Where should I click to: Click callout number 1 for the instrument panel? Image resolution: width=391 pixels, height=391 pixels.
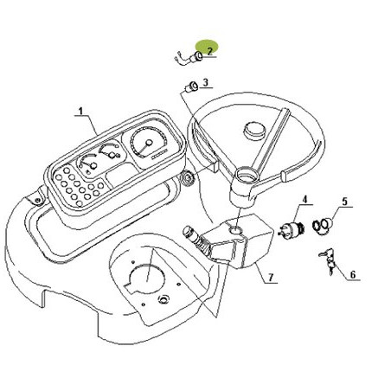click(x=80, y=112)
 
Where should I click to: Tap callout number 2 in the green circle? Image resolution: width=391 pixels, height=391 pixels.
click(x=209, y=51)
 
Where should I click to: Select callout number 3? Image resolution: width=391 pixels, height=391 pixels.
click(x=205, y=83)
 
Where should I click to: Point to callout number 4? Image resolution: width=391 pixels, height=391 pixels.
click(x=304, y=199)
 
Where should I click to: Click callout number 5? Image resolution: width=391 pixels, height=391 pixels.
click(x=345, y=202)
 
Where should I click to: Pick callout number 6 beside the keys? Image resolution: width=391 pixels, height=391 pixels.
click(x=353, y=274)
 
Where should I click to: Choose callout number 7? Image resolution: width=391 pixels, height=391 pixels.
click(x=271, y=278)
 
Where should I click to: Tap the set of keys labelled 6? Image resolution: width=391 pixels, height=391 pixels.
click(x=328, y=260)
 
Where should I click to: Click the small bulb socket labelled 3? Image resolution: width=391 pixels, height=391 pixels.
click(x=191, y=87)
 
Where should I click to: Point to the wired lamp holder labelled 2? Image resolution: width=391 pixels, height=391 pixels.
click(x=189, y=58)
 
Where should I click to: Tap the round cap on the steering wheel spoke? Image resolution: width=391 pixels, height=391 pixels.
click(x=254, y=131)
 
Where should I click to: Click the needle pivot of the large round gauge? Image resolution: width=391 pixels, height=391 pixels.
click(x=149, y=143)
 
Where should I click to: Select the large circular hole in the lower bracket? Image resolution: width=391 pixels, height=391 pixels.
click(x=147, y=279)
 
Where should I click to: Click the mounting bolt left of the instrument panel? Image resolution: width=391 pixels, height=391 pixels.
click(x=37, y=201)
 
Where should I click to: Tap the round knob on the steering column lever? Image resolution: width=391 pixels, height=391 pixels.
click(x=189, y=232)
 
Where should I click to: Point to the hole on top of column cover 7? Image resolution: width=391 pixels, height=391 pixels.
click(x=235, y=230)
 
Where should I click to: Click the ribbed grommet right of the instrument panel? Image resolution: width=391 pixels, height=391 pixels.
click(x=187, y=176)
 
